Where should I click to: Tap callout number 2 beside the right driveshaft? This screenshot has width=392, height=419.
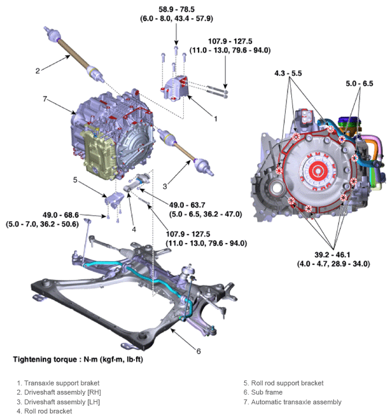[x=37, y=71]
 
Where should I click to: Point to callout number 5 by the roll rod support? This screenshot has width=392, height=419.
[x=74, y=180]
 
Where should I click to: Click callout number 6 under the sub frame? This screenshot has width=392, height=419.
[x=198, y=351]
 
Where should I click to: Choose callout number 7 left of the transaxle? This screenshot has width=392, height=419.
[x=45, y=99]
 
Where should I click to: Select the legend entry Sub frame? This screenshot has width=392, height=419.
[x=265, y=393]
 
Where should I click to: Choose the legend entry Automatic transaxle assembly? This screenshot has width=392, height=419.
[x=292, y=402]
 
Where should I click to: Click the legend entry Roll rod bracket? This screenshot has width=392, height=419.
[x=48, y=411]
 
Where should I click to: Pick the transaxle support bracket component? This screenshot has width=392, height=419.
[x=176, y=88]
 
